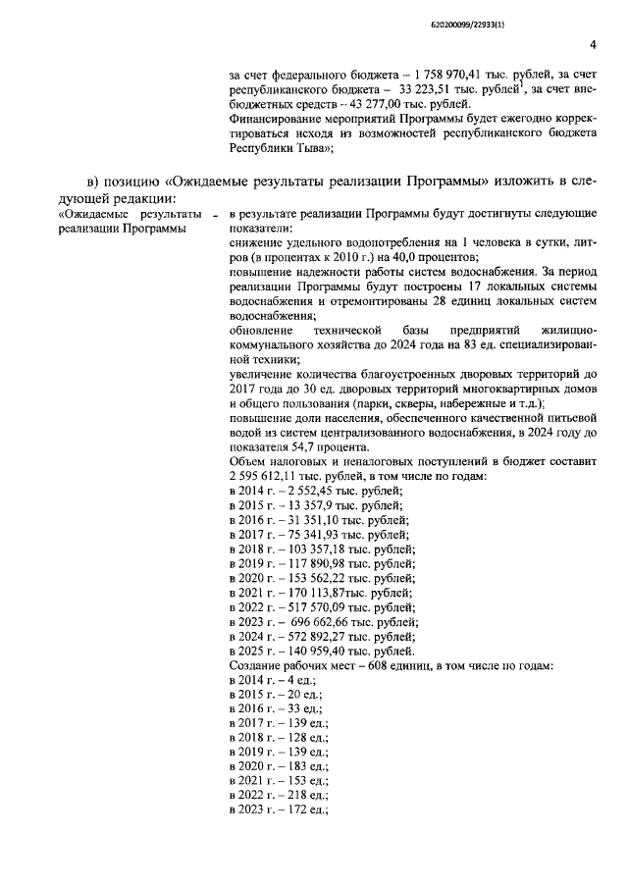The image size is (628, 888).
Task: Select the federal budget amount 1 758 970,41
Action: (x=450, y=75)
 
